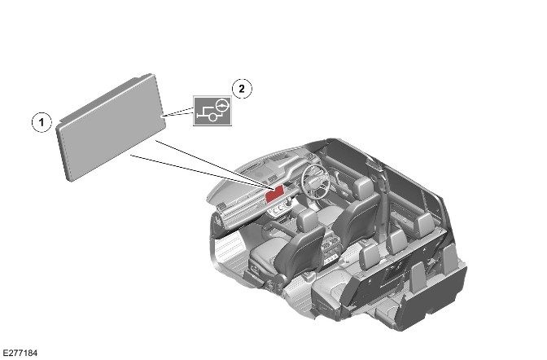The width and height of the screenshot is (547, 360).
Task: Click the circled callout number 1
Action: coord(42,122)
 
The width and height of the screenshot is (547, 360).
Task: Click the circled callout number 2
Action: coord(242,89)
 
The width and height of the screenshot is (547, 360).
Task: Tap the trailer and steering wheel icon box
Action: coord(212,111)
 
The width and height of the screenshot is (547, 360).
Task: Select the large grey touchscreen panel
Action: coord(111,127)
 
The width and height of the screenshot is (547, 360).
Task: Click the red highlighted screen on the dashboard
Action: coord(274,194)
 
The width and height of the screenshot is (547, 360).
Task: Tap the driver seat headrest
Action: coord(362,187)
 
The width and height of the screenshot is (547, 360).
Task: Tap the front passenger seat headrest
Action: coord(308,218)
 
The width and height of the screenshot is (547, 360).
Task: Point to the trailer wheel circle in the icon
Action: coord(212,117)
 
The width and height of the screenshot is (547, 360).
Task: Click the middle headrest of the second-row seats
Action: coord(396,242)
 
